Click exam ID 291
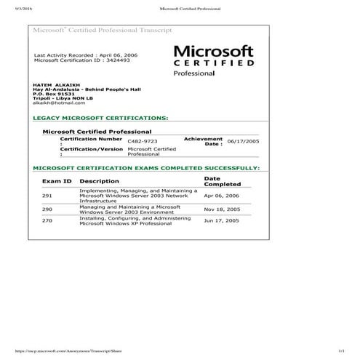tap(47, 196)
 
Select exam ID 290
tap(47, 209)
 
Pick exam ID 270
tap(47, 220)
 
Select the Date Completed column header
tap(221, 181)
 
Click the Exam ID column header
tap(57, 181)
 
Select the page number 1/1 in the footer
tap(340, 351)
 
